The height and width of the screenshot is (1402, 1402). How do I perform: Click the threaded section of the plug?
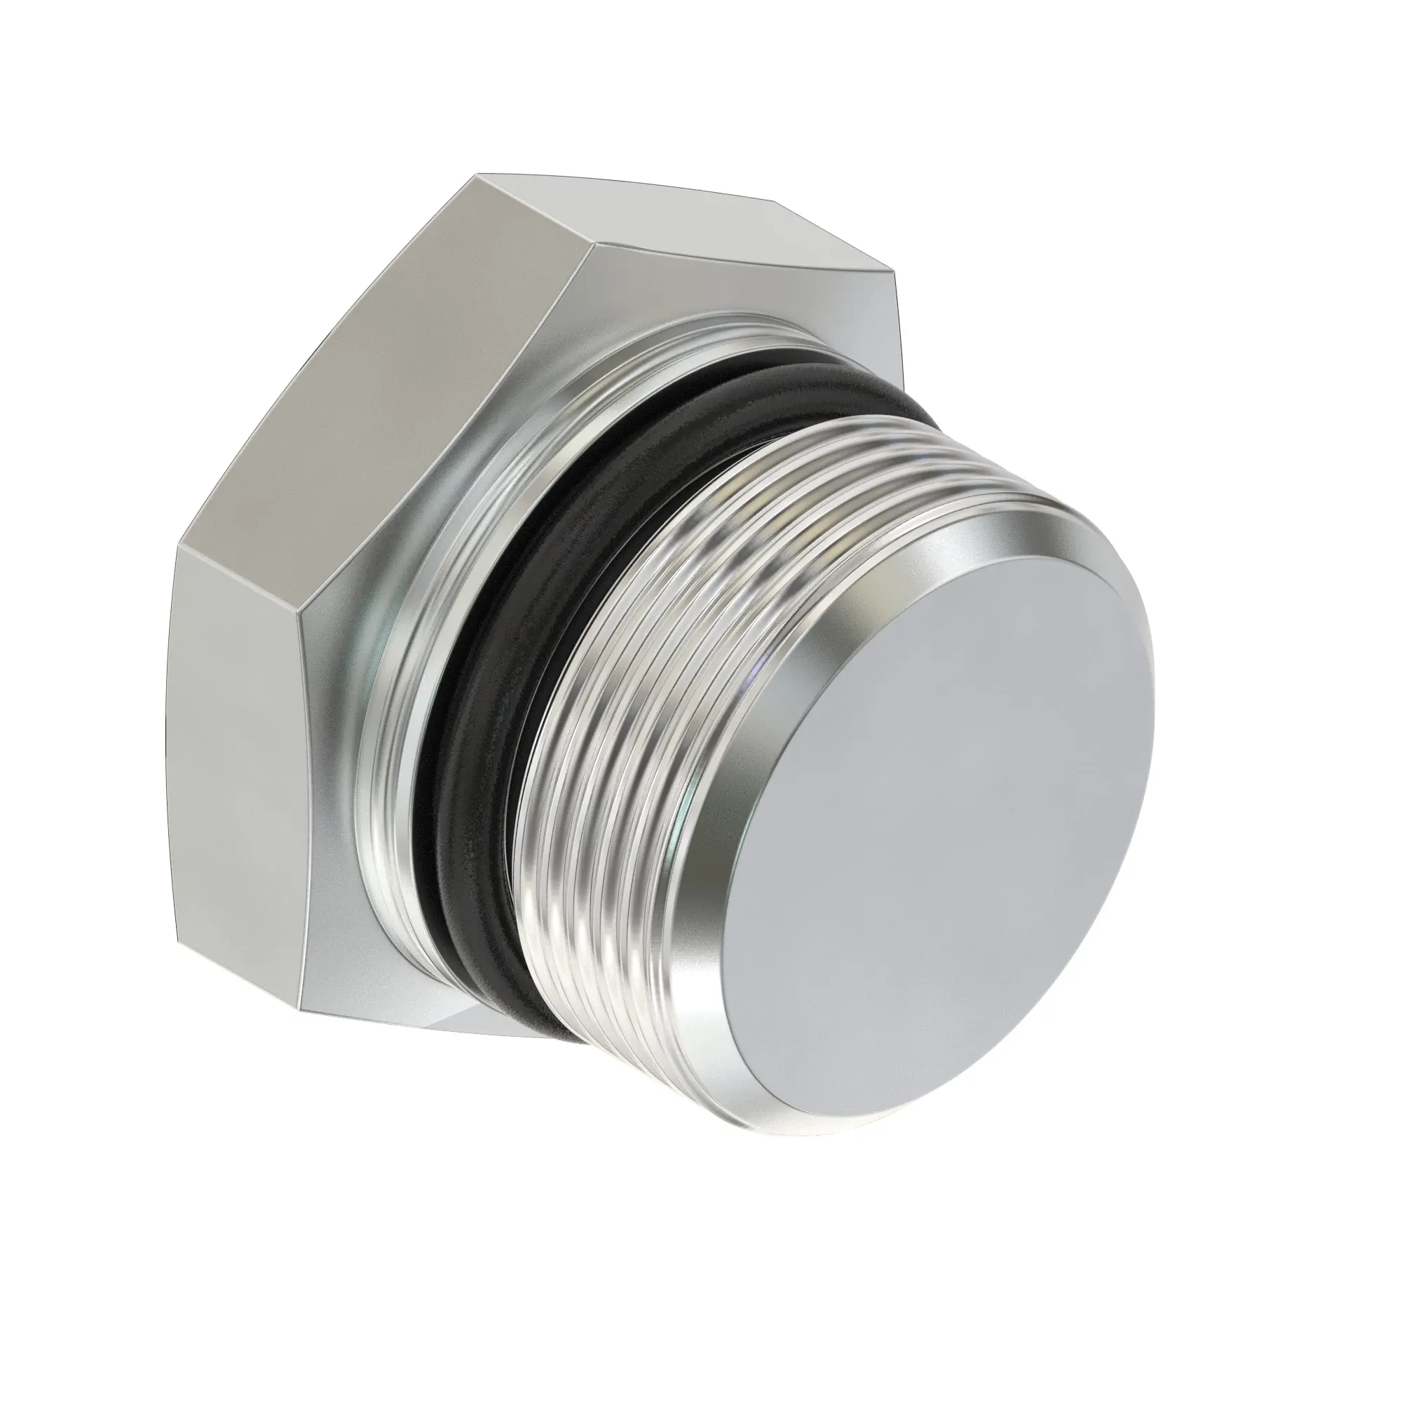(617, 726)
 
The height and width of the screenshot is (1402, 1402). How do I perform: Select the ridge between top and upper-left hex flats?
(537, 210)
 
